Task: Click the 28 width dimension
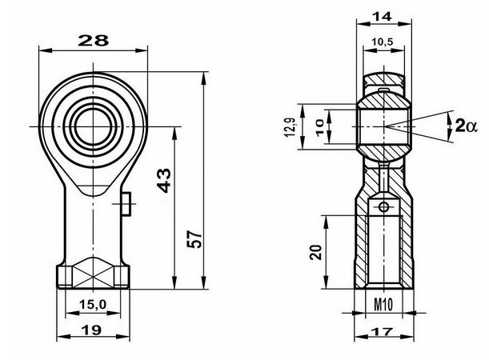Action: click(x=94, y=41)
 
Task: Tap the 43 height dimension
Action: click(x=164, y=180)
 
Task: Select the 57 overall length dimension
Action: click(x=194, y=238)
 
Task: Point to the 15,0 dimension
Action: click(x=93, y=304)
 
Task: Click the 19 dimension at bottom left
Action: click(x=91, y=330)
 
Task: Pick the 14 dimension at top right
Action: click(x=383, y=17)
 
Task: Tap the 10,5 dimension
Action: click(x=383, y=42)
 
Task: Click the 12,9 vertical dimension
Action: click(x=290, y=127)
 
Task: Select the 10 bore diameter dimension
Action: click(x=320, y=127)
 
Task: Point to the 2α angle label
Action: click(x=467, y=126)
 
